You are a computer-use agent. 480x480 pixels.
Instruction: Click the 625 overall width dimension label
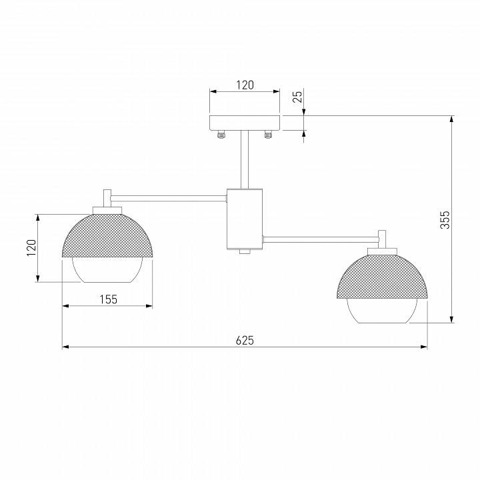click(x=245, y=340)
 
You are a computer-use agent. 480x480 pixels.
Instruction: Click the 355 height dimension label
click(x=445, y=220)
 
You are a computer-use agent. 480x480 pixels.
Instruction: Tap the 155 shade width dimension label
click(x=109, y=299)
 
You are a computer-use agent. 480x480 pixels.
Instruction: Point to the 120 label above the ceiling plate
click(x=245, y=85)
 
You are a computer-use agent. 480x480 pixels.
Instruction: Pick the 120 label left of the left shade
click(x=30, y=248)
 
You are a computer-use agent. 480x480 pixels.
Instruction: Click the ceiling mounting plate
click(x=245, y=123)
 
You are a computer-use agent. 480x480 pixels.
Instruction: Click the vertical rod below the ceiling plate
click(x=245, y=160)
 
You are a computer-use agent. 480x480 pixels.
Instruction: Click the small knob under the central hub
click(x=245, y=252)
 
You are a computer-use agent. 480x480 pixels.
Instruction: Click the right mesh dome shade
click(x=383, y=276)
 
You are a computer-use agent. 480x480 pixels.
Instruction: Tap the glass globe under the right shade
click(x=383, y=311)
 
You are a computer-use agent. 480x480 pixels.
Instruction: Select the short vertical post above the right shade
click(x=383, y=239)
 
